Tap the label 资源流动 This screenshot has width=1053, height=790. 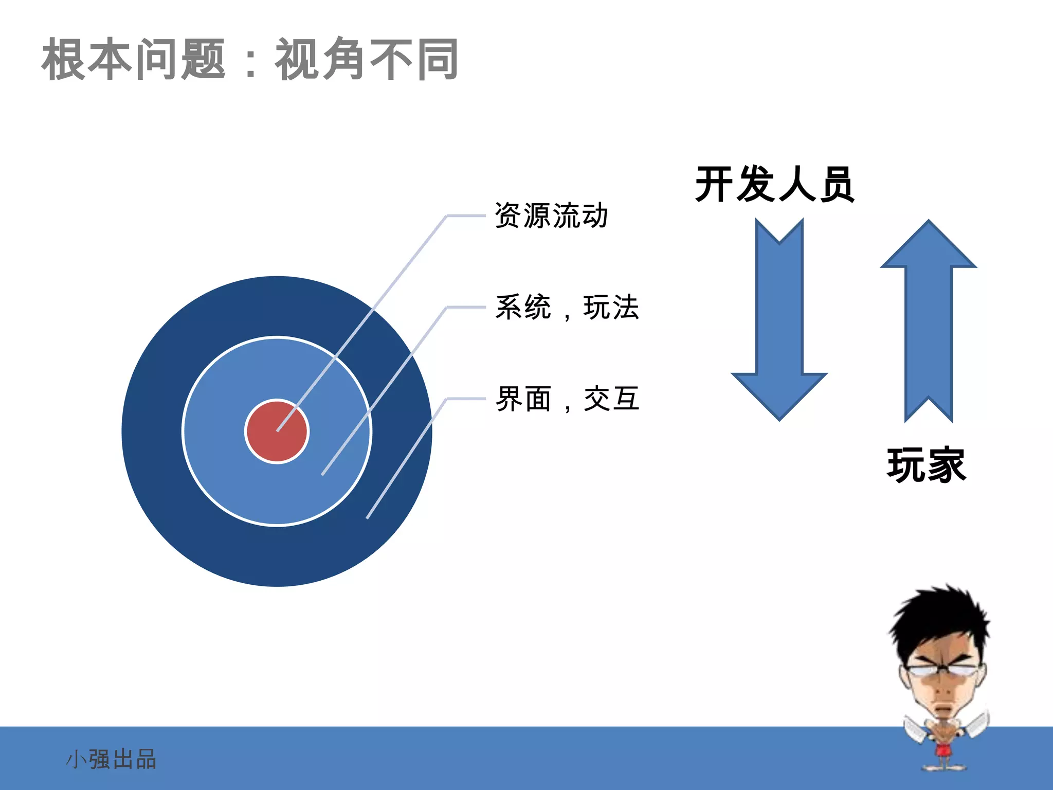[x=551, y=216]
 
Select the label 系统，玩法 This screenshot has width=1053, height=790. [x=567, y=308]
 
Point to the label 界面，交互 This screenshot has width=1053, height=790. [x=567, y=399]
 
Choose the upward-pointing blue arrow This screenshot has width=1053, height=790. [x=929, y=319]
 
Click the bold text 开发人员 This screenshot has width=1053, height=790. [x=774, y=184]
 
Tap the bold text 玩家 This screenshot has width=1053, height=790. [x=927, y=465]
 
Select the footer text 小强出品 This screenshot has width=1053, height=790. [x=111, y=759]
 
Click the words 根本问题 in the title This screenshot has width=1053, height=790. [x=134, y=60]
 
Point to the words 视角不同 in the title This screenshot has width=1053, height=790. [x=367, y=60]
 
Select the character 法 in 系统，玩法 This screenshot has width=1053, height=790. [x=625, y=308]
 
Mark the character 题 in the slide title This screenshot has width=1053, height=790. [x=204, y=60]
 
